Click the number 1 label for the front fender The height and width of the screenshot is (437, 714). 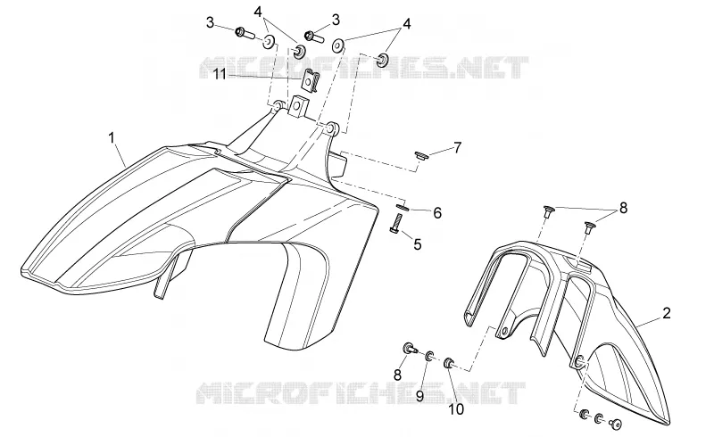coord(112,137)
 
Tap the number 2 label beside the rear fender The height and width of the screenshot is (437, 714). coord(666,313)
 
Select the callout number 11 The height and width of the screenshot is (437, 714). coord(220,74)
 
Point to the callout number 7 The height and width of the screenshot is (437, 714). coord(457,147)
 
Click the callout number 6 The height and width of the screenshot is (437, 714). coord(437,212)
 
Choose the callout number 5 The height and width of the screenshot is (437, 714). coord(418,244)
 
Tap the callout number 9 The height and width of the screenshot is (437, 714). coord(419,396)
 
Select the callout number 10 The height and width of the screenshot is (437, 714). coord(456,409)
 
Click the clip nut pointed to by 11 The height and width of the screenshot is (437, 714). coord(310,80)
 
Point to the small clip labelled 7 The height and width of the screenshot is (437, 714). coord(421,156)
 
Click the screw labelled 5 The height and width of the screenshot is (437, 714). coord(395,224)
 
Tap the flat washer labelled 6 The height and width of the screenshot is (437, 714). coord(403,207)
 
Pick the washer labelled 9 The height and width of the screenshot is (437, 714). coord(429,356)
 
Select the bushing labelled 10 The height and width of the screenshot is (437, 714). coord(449,363)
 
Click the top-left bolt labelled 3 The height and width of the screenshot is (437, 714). coord(244,34)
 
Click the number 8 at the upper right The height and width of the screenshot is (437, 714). coord(623,208)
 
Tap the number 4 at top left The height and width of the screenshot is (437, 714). coord(258,12)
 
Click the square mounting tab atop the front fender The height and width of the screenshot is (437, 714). coord(299,106)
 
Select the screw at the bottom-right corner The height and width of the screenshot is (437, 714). coord(617,425)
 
